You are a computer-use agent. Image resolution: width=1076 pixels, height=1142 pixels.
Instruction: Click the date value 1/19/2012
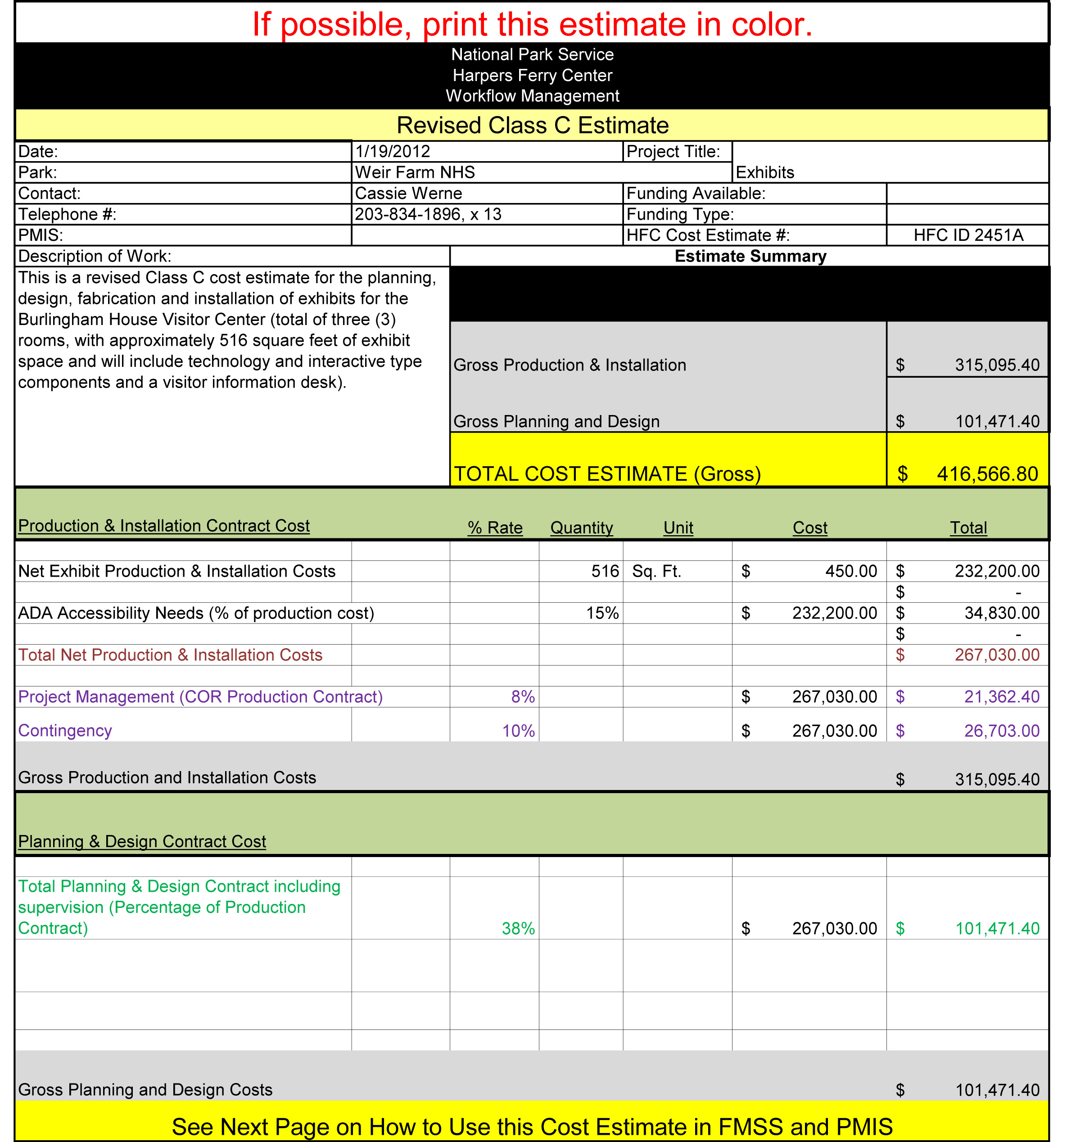(393, 152)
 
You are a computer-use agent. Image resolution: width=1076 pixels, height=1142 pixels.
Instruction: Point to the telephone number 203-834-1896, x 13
(428, 214)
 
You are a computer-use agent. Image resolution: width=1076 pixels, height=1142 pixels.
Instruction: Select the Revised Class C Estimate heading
(533, 125)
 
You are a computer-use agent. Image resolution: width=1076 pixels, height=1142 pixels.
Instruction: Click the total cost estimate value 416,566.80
(987, 474)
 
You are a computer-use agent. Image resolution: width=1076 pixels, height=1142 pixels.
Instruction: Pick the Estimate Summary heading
(750, 256)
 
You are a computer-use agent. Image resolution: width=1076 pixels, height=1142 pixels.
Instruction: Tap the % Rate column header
(495, 528)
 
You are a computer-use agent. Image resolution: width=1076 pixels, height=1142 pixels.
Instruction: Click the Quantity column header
(581, 528)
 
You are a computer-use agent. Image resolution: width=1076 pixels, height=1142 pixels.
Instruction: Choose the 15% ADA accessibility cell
(602, 613)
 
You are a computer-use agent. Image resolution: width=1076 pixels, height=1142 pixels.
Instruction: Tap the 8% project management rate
(523, 697)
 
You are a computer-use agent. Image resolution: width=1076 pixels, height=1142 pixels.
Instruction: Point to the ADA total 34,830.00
(1001, 613)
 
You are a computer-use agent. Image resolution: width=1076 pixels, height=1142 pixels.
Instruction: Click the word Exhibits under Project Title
(764, 172)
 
